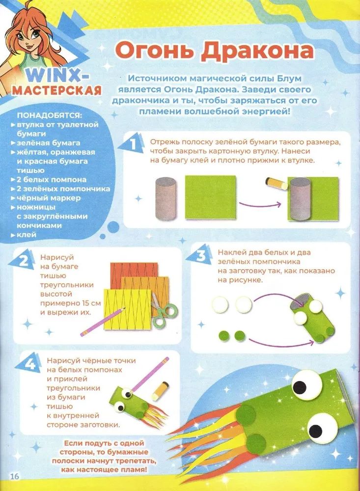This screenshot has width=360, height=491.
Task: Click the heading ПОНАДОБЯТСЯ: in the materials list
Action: (50, 115)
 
